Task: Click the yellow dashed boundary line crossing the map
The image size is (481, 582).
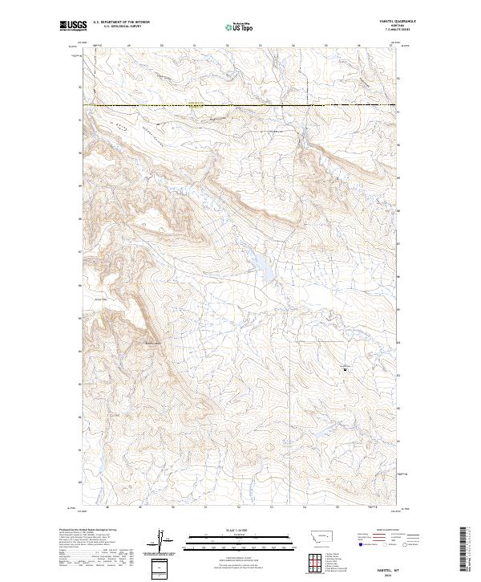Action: [240, 105]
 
